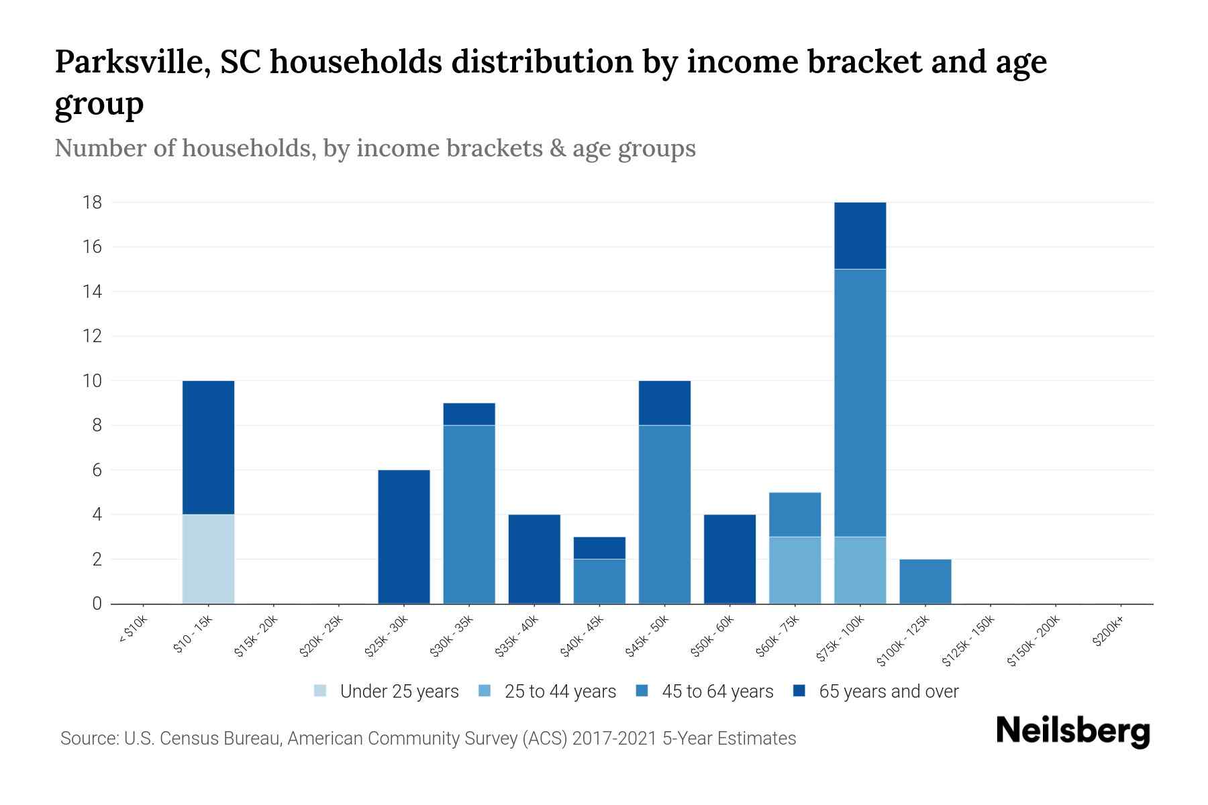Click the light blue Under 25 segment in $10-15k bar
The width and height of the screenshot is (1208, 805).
(208, 559)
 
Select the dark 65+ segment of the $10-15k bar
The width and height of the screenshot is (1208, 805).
(208, 447)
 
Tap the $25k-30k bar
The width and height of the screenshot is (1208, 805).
(404, 537)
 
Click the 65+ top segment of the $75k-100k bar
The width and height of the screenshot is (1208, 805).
(860, 235)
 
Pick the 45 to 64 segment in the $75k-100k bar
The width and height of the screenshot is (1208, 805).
(860, 402)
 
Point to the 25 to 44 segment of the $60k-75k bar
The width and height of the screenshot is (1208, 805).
(795, 570)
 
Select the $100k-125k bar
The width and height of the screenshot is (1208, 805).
(925, 582)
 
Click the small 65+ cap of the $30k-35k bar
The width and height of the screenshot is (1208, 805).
(469, 414)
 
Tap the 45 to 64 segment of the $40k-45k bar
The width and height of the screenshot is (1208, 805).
(599, 582)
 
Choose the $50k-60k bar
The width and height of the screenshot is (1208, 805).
(729, 559)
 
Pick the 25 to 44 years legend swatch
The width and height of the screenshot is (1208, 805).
(484, 691)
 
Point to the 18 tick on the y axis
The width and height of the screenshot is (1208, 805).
(93, 202)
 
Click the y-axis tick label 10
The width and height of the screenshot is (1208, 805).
(93, 381)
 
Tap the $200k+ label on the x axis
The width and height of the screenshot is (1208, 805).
(1108, 633)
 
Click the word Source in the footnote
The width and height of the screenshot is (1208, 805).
(88, 739)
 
